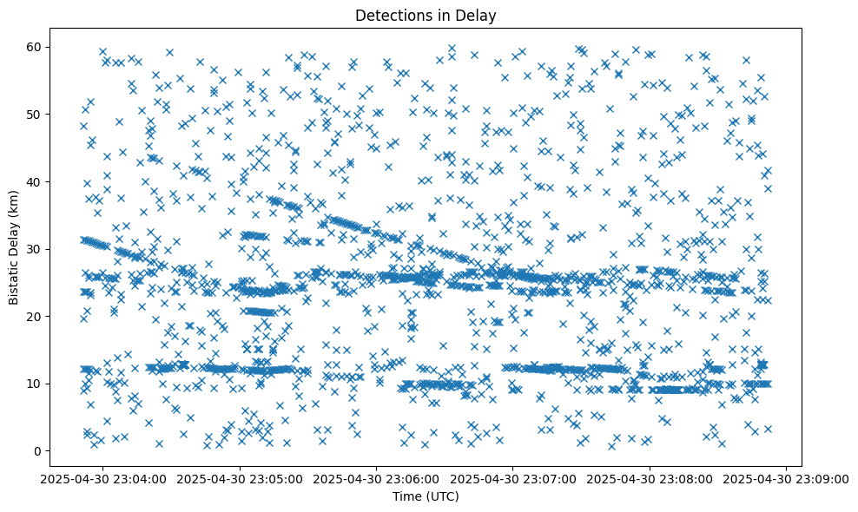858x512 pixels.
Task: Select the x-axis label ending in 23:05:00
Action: point(241,478)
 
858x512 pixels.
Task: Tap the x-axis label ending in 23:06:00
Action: point(377,478)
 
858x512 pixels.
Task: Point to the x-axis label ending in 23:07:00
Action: point(513,478)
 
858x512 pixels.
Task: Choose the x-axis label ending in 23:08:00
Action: point(650,478)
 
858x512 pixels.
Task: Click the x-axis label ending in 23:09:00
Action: point(786,478)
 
